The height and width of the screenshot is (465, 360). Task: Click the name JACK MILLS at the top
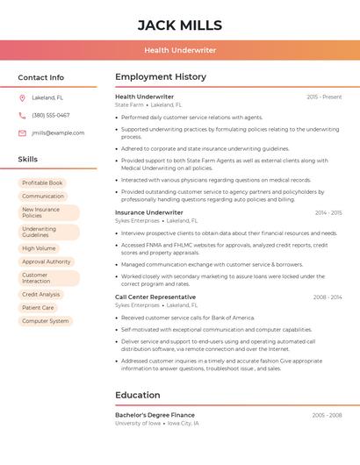click(180, 25)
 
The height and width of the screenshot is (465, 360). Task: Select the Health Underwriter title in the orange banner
click(180, 50)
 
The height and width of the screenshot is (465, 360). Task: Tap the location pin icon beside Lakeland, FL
click(22, 97)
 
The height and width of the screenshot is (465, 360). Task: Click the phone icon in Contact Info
click(22, 115)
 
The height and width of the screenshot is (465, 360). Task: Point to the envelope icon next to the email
click(22, 132)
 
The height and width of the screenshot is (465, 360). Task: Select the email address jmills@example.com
click(58, 132)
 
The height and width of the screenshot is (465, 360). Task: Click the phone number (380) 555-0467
click(51, 115)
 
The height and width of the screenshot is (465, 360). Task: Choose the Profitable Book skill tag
click(42, 182)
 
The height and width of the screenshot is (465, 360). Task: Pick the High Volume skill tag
click(39, 248)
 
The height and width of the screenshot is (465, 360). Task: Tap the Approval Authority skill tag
click(46, 261)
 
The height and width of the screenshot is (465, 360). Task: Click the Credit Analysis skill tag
click(41, 295)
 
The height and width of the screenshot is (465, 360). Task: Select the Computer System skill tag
click(45, 321)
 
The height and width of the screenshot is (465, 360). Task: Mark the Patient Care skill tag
click(38, 308)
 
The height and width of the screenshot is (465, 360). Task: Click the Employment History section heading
click(160, 77)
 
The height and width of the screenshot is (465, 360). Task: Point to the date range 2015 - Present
click(324, 97)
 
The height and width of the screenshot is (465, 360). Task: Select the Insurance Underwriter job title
click(149, 212)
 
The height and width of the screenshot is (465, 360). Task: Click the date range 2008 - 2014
click(328, 297)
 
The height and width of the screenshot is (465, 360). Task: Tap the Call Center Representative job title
click(155, 297)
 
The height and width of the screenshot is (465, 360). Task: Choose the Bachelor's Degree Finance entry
click(155, 414)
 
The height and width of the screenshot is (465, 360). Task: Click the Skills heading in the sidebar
click(28, 159)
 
